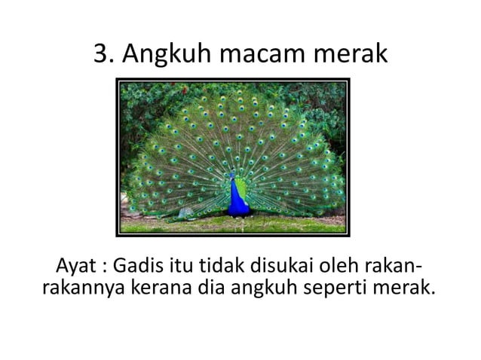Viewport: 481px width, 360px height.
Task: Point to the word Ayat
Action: point(76,267)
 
